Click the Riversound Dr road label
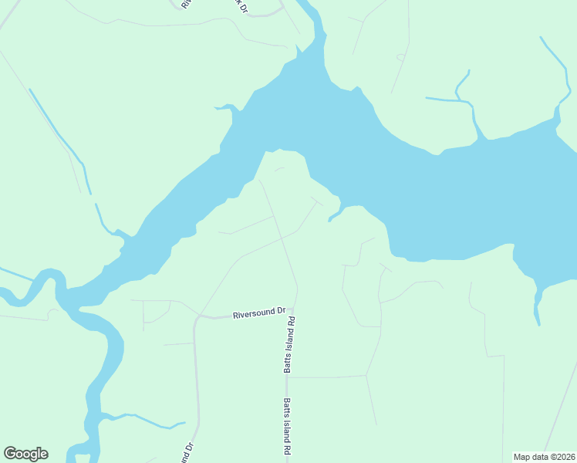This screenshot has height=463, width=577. tap(259, 314)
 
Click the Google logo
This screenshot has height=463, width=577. tap(25, 454)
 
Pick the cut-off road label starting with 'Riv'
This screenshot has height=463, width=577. tap(185, 4)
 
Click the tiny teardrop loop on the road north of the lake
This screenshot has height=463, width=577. tap(400, 56)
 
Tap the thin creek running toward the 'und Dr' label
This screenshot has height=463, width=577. tap(143, 420)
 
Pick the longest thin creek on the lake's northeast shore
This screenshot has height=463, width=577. tap(555, 69)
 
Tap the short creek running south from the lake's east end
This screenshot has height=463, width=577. tap(536, 305)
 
